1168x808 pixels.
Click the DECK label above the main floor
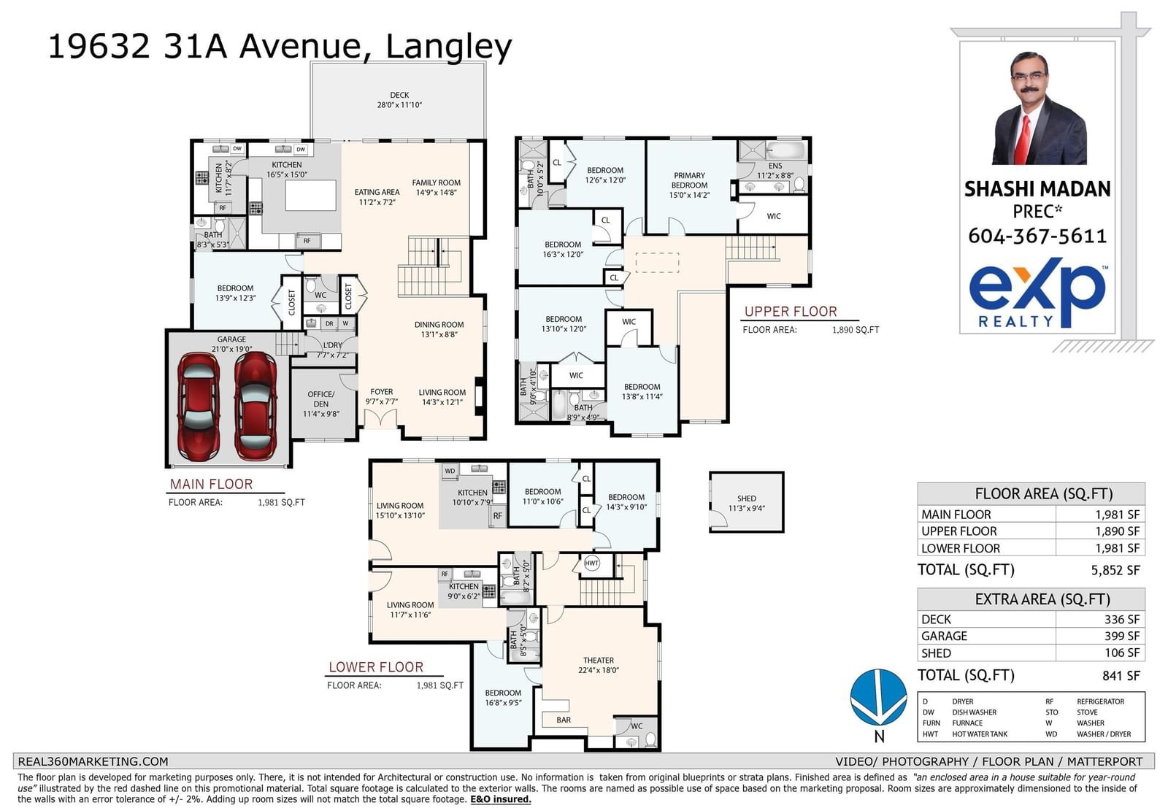[x=399, y=95]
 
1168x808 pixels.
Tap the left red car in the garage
[x=198, y=406]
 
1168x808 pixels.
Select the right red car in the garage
[x=255, y=405]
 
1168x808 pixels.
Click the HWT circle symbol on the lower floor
[x=591, y=563]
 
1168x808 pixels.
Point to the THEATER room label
[x=598, y=660]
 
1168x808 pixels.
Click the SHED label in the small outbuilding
[x=747, y=499]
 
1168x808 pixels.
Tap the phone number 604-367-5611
[x=1037, y=236]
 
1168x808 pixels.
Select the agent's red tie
[x=1023, y=139]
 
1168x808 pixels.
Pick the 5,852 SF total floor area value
[x=1115, y=570]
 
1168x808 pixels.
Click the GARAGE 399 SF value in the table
[x=1121, y=636]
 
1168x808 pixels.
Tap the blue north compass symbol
[x=879, y=698]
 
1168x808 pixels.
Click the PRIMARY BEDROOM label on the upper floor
[x=689, y=180]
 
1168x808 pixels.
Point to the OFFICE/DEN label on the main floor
[x=321, y=399]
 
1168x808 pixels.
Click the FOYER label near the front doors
[x=382, y=391]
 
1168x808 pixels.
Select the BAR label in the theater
[x=564, y=720]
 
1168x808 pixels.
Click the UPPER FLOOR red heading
[x=791, y=312]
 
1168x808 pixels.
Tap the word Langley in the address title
[x=448, y=47]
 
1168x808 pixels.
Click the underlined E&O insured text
[x=501, y=799]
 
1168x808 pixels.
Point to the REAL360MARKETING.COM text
[x=93, y=761]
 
